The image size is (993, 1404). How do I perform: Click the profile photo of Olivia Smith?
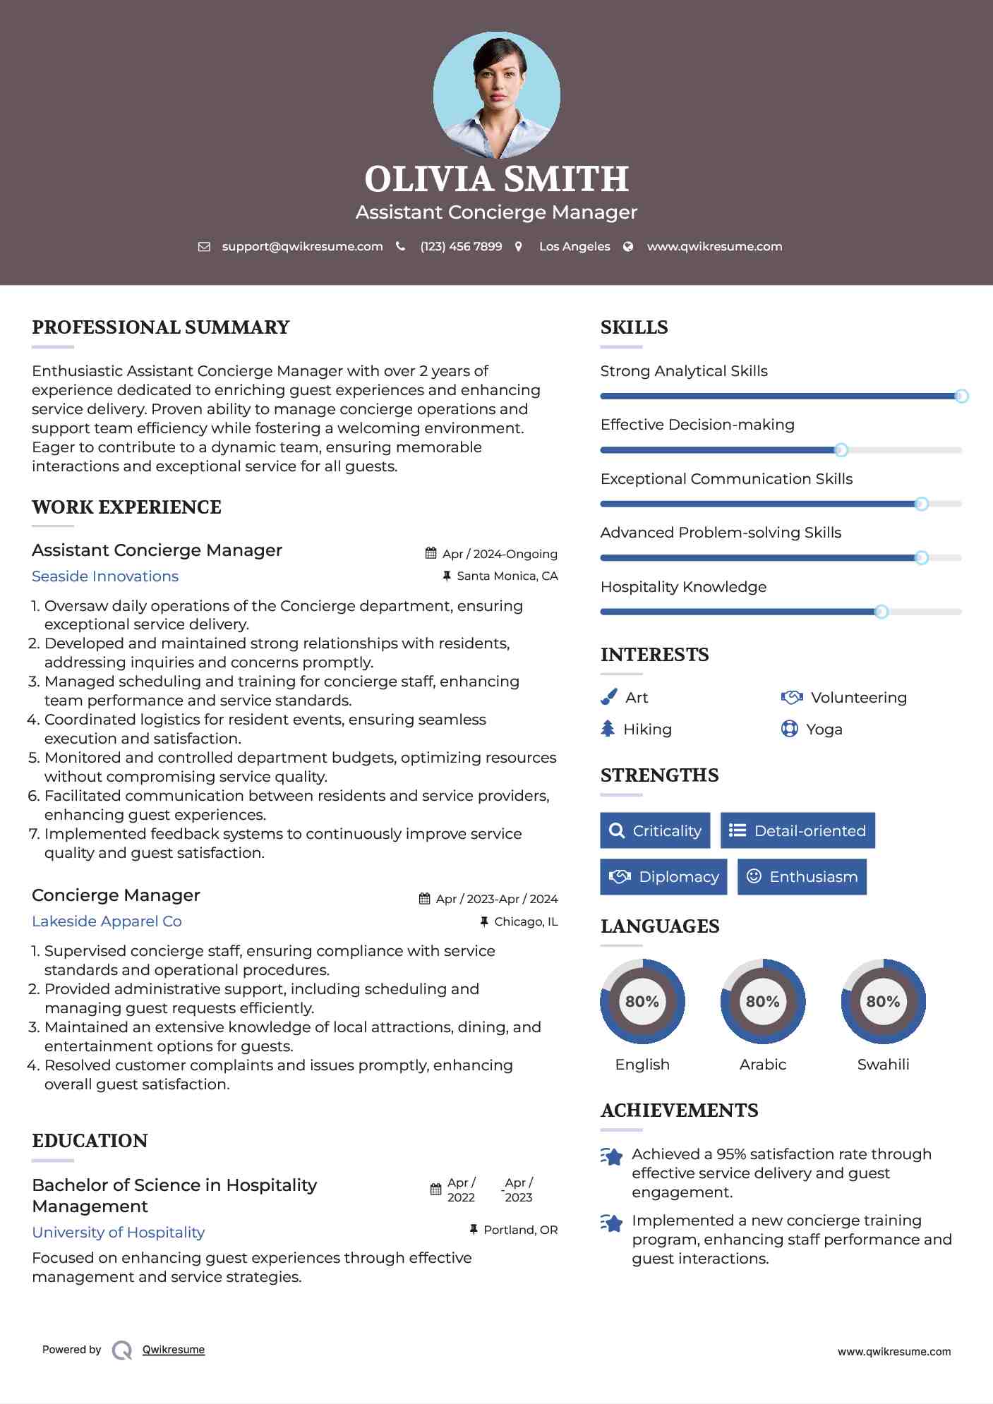(496, 95)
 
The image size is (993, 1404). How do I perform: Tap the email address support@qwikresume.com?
(302, 246)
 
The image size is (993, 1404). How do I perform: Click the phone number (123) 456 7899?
(461, 246)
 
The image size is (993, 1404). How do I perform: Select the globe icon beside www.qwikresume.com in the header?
(628, 246)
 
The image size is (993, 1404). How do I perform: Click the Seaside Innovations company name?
(105, 576)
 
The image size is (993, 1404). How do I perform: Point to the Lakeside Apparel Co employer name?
(107, 921)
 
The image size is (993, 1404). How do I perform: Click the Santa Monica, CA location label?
(507, 576)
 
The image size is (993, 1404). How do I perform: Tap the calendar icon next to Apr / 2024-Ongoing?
(431, 554)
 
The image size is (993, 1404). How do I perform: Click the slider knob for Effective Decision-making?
(841, 450)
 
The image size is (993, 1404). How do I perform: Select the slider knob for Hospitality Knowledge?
(881, 612)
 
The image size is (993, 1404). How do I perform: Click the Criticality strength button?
(655, 830)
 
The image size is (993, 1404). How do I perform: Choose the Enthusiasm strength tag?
(802, 877)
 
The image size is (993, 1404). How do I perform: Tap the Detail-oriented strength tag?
(798, 830)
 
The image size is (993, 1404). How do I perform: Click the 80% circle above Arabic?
(762, 1001)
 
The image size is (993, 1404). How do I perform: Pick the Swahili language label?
(883, 1064)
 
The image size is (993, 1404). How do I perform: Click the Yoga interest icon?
(789, 729)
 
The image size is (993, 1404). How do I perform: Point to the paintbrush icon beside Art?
(608, 697)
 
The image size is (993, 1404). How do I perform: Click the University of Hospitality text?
(118, 1233)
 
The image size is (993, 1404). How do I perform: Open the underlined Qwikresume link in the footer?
(173, 1350)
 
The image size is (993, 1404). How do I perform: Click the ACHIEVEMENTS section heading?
(679, 1111)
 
